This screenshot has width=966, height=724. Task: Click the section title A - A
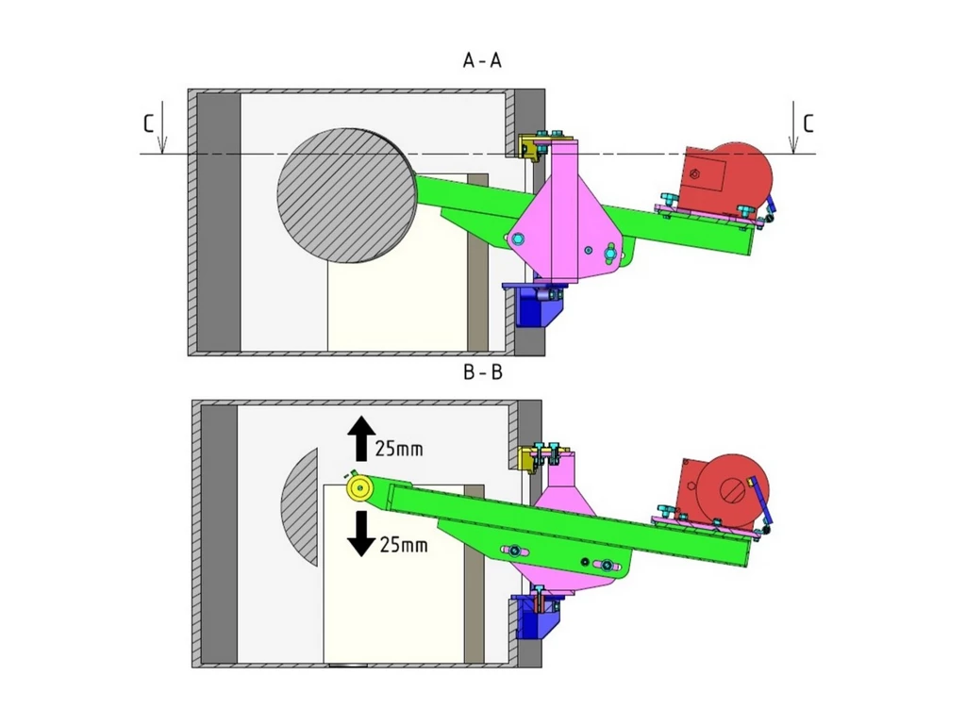click(x=482, y=61)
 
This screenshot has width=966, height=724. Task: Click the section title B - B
click(x=482, y=372)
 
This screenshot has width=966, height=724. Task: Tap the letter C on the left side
click(x=148, y=123)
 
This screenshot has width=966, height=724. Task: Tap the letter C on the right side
click(x=808, y=123)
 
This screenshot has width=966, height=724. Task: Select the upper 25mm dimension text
click(x=399, y=449)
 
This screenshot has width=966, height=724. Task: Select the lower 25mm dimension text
click(x=402, y=544)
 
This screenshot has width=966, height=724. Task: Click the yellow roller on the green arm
click(x=359, y=487)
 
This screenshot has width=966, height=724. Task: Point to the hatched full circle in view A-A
click(x=346, y=195)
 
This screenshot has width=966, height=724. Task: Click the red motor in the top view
click(x=726, y=179)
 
